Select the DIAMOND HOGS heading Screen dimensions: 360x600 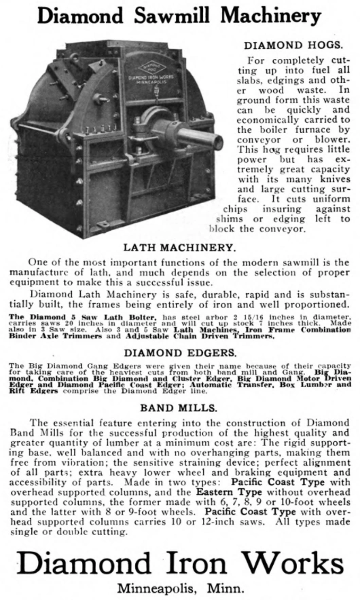(293, 45)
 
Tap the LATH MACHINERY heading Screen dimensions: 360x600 (179, 249)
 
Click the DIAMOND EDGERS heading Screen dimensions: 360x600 (179, 352)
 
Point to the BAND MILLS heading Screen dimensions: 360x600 (179, 409)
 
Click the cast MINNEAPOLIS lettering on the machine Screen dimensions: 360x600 (148, 86)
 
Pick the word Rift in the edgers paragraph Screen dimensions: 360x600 (21, 390)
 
